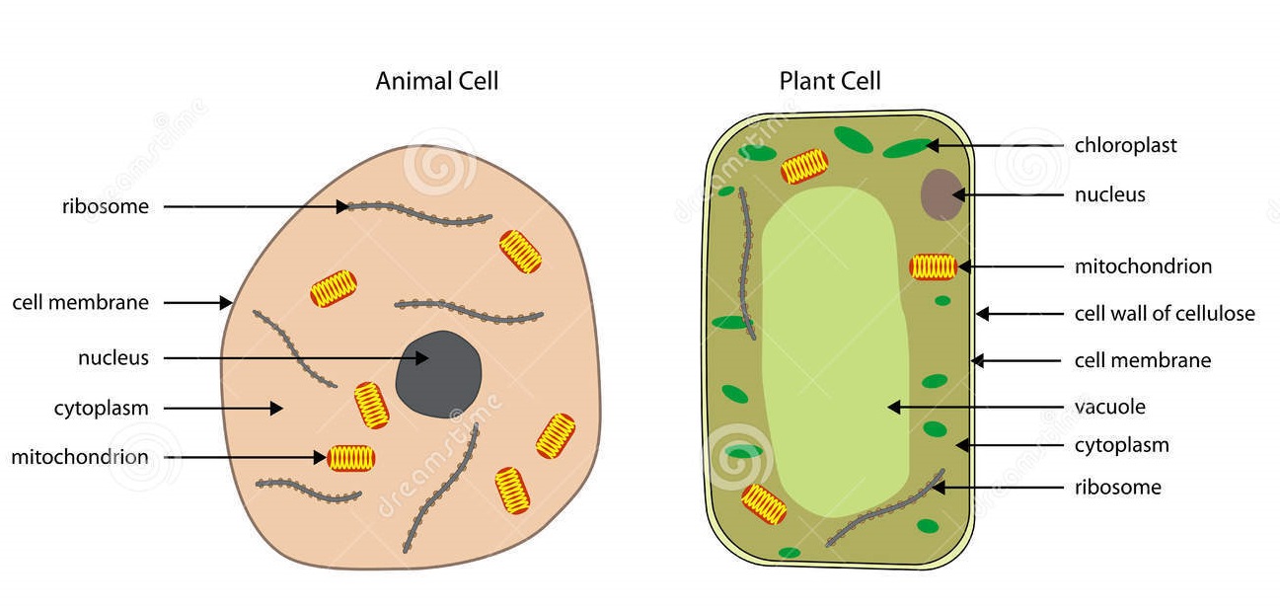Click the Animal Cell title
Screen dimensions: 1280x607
pos(437,81)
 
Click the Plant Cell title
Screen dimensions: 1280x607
pos(830,81)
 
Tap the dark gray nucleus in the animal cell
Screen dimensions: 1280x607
pos(438,374)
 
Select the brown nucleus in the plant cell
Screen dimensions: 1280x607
pos(941,194)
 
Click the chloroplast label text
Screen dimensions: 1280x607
pos(1126,145)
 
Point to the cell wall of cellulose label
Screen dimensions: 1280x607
pos(1165,313)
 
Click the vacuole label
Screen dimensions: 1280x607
pos(1109,407)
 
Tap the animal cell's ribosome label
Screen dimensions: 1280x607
pos(106,206)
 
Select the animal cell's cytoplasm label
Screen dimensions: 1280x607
pos(101,409)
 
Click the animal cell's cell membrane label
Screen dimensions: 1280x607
pos(81,302)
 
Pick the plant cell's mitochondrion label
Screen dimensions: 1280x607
pos(1143,266)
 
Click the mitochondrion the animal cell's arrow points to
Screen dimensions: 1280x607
pos(351,458)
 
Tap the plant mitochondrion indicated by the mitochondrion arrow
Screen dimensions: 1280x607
pos(934,266)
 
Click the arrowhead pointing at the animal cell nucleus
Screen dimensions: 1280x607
pos(421,358)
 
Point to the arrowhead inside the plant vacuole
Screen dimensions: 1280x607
pos(895,407)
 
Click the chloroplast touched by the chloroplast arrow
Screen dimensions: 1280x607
pos(907,148)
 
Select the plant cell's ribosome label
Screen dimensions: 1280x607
pos(1118,488)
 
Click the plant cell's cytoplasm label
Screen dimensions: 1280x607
pos(1122,446)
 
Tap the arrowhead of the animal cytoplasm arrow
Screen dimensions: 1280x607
pos(276,408)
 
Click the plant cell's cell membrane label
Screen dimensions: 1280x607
pos(1143,360)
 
